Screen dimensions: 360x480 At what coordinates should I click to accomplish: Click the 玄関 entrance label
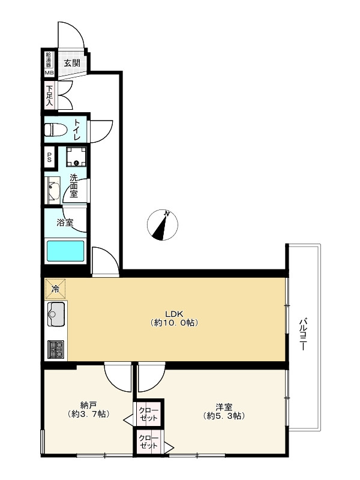click(x=72, y=64)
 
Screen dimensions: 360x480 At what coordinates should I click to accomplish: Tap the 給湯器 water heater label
click(x=49, y=60)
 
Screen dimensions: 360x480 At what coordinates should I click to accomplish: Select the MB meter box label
click(x=49, y=73)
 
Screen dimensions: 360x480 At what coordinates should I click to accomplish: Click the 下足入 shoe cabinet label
click(x=49, y=95)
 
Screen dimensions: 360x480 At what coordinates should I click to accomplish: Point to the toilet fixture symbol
click(x=57, y=130)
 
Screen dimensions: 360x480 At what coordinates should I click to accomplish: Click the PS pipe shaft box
click(x=49, y=157)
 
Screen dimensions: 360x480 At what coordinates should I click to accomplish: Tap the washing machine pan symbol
click(x=77, y=157)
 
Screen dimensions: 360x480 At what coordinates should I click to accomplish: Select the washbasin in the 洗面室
click(x=53, y=190)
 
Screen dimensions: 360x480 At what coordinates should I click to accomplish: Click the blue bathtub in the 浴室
click(x=65, y=251)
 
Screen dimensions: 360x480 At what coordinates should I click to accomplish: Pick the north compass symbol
click(x=162, y=224)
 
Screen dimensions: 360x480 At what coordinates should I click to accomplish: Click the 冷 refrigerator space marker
click(x=55, y=289)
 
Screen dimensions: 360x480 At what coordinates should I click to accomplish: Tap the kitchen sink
click(x=56, y=314)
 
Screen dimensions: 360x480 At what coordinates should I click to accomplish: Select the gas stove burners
click(x=56, y=349)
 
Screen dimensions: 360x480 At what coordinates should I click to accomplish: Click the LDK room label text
click(x=174, y=313)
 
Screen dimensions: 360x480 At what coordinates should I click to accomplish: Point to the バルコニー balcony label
click(x=303, y=334)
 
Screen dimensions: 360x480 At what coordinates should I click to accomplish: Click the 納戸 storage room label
click(x=88, y=406)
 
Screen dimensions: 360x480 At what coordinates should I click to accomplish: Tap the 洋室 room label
click(x=223, y=407)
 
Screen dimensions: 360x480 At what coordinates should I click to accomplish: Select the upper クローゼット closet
click(x=149, y=414)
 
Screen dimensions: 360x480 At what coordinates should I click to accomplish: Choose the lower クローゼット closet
click(x=149, y=442)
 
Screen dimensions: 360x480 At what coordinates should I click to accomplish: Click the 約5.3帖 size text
click(x=224, y=416)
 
